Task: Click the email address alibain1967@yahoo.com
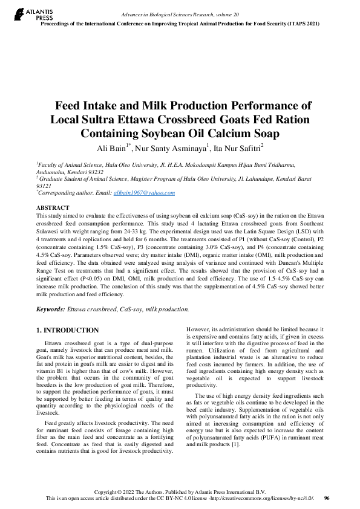[x=144, y=192]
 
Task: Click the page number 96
[x=327, y=498]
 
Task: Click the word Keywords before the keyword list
[x=50, y=309]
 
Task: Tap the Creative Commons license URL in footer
[x=270, y=498]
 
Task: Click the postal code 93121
[x=44, y=186]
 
